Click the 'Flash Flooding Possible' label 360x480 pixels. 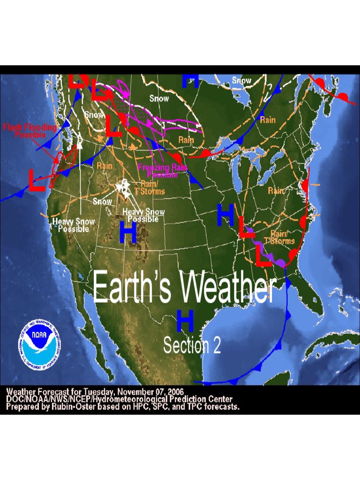(x=30, y=131)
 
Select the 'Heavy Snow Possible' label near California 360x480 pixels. (x=74, y=225)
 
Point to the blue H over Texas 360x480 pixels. (x=185, y=321)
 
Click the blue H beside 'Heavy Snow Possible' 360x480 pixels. (x=128, y=232)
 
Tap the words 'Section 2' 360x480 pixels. (x=192, y=345)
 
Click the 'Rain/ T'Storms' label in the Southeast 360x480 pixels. (x=279, y=237)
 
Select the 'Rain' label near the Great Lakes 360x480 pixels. (x=186, y=140)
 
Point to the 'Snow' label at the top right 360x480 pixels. (x=241, y=81)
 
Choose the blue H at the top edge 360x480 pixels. (x=190, y=81)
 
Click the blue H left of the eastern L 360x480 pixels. (x=225, y=215)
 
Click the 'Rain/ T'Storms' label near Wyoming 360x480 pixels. (x=153, y=187)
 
